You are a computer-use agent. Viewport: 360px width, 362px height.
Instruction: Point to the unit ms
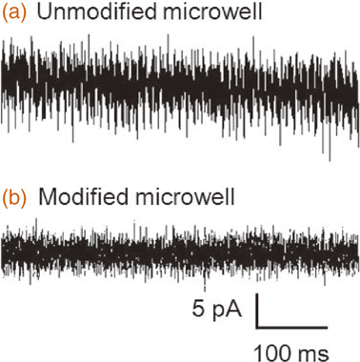312,352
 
